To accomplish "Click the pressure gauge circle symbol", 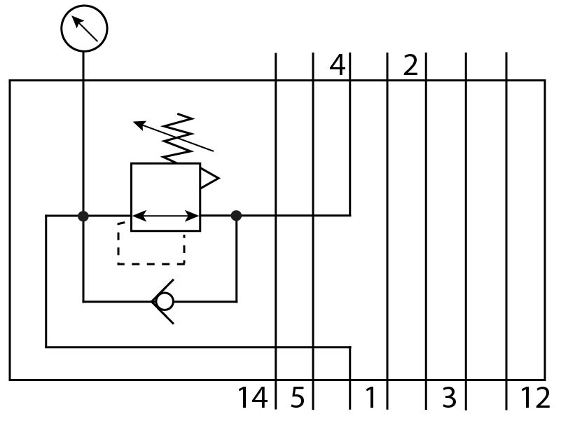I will click(x=84, y=27).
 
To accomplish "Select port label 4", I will click(x=338, y=66).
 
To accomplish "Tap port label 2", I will click(x=410, y=66).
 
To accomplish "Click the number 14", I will click(x=253, y=398).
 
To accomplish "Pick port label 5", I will click(x=298, y=398).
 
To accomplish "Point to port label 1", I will click(x=370, y=398).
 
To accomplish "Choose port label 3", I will click(x=449, y=398).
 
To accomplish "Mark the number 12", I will click(x=535, y=398).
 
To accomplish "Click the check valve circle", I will click(x=164, y=302).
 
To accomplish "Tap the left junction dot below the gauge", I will click(x=83, y=216).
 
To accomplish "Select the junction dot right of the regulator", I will click(x=237, y=216).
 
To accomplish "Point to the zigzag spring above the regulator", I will click(x=178, y=137).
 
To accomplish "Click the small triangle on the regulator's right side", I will click(x=209, y=178).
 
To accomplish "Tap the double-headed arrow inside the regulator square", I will click(x=165, y=216).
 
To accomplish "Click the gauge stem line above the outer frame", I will click(x=83, y=65).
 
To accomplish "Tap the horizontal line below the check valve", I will click(x=196, y=346).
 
